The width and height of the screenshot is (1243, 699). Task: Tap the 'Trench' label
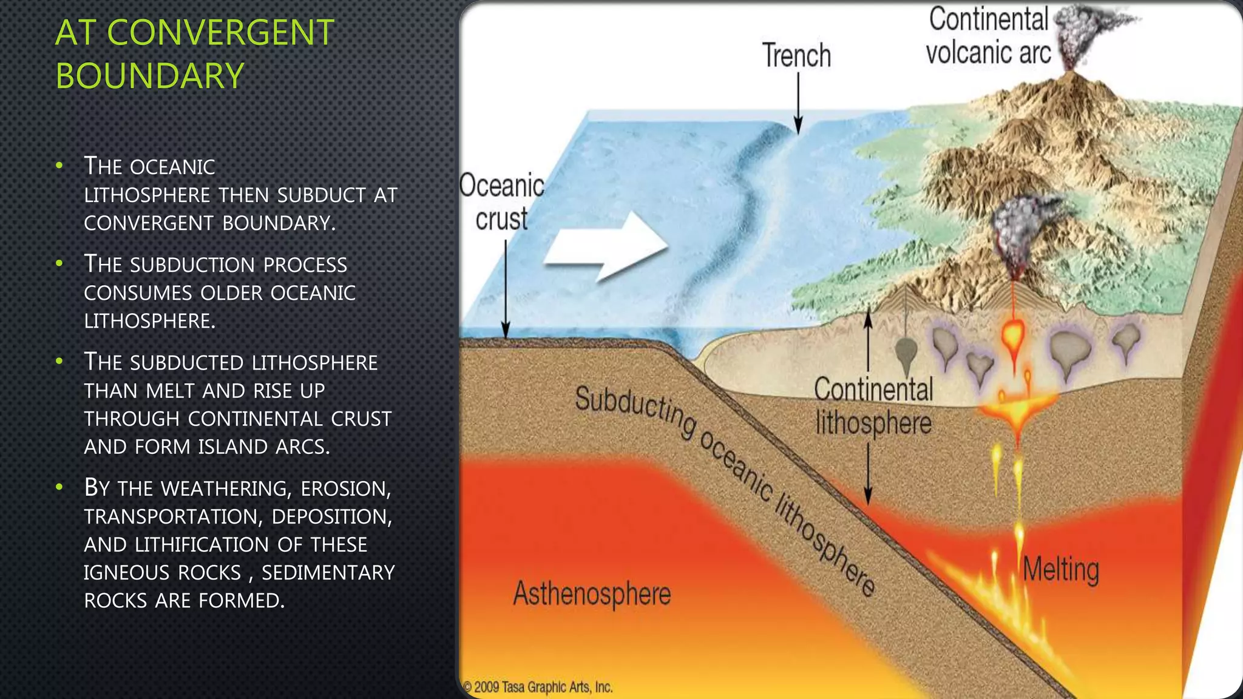click(x=796, y=56)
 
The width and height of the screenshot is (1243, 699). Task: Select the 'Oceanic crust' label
click(x=502, y=202)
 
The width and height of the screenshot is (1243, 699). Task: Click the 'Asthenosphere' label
click(x=592, y=593)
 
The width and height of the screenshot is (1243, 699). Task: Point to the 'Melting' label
click(x=1060, y=570)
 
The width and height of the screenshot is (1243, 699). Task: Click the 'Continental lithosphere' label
click(x=873, y=406)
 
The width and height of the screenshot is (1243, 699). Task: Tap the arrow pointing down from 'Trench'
click(x=798, y=103)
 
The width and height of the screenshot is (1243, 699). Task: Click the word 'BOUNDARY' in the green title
click(x=149, y=76)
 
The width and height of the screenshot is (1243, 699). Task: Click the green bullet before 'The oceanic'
click(x=59, y=166)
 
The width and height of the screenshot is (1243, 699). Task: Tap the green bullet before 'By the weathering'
click(x=59, y=487)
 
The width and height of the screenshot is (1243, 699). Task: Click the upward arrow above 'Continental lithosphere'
click(x=868, y=340)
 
